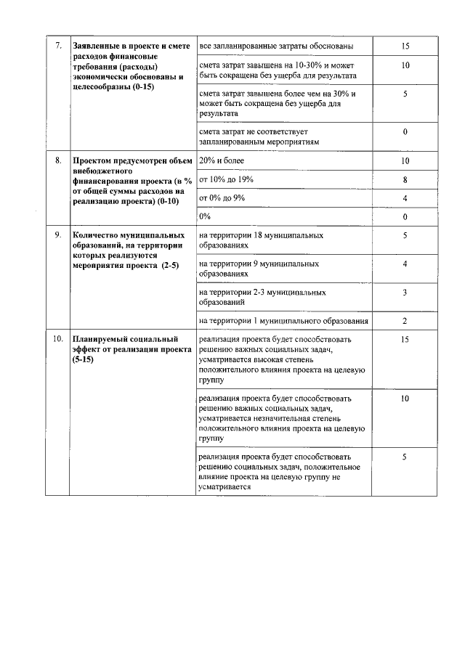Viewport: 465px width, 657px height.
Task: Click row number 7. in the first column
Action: [59, 46]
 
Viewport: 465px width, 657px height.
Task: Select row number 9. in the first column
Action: [59, 235]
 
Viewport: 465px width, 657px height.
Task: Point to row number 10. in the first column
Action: [58, 339]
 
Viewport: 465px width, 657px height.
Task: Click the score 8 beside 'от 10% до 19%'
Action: [405, 179]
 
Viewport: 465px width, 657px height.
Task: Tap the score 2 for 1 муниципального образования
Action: [405, 321]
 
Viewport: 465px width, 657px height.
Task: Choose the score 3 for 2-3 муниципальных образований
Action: [405, 292]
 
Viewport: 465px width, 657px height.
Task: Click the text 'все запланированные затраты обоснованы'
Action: [276, 46]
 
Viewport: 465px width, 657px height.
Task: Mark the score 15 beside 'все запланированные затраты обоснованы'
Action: [405, 46]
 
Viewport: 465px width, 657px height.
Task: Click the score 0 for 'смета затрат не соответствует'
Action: [405, 131]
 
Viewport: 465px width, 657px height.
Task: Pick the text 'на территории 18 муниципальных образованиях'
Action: [261, 240]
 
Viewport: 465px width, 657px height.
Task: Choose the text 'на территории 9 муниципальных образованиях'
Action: [259, 269]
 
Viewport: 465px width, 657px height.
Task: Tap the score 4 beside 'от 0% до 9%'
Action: [405, 198]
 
